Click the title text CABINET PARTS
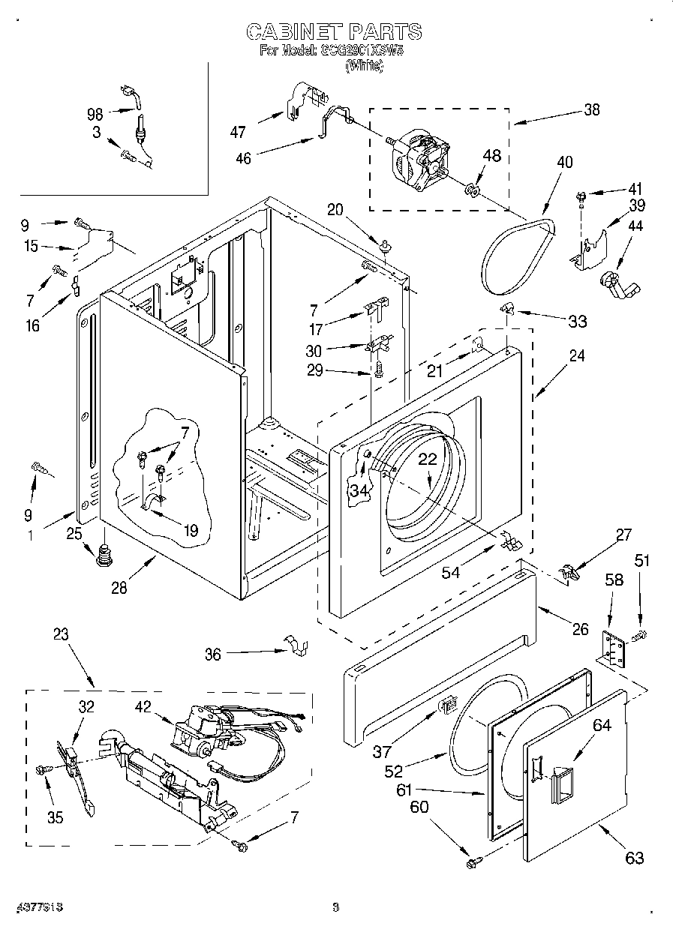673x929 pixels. [335, 31]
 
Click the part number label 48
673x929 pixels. [491, 156]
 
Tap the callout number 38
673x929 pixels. [591, 109]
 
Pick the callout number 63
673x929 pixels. [634, 858]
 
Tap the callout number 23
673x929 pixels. [61, 634]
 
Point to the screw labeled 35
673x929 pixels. [43, 769]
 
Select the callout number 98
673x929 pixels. [95, 114]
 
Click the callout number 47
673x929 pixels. [238, 132]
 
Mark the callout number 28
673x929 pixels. [119, 587]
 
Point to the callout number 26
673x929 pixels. [581, 629]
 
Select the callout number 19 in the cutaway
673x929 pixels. [191, 531]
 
